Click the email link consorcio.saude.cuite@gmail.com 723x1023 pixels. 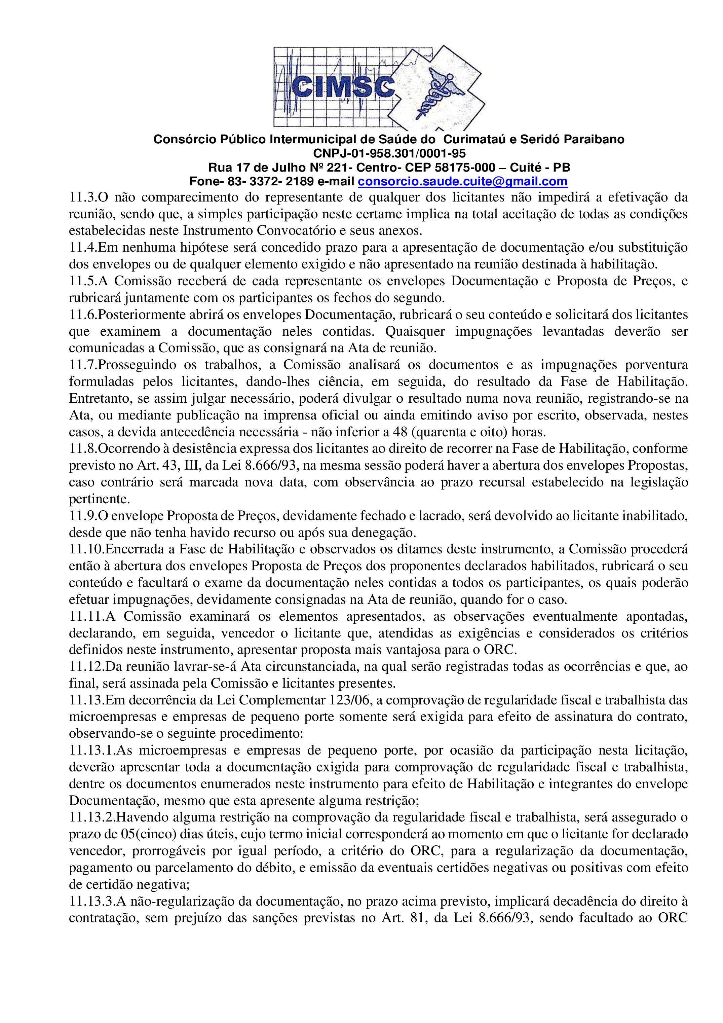pos(462,182)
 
